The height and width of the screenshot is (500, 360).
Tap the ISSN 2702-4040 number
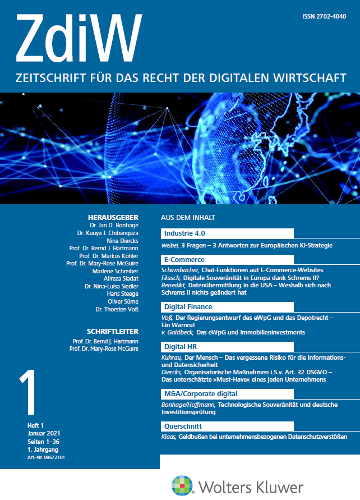(324, 17)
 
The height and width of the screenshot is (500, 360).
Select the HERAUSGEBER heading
(116, 218)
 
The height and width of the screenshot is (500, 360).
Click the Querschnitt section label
(183, 426)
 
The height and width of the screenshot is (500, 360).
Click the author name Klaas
(168, 436)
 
